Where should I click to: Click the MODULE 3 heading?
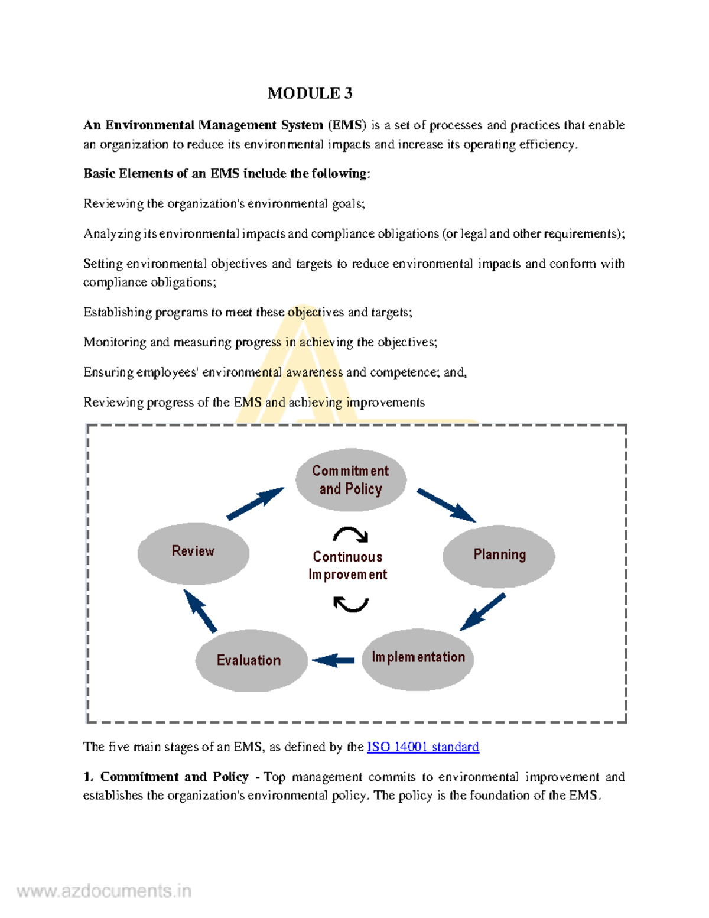pos(310,93)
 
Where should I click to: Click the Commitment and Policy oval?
pos(350,480)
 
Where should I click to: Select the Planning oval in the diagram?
pos(499,555)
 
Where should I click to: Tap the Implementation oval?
pos(418,659)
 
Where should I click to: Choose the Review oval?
pos(193,552)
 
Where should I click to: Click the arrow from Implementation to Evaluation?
pos(333,660)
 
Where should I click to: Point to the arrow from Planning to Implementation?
pos(482,612)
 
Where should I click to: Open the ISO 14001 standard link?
pos(422,747)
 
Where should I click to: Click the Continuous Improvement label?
pos(347,566)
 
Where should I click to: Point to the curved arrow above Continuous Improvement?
pos(351,534)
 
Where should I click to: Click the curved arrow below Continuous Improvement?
pos(351,604)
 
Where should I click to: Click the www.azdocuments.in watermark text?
pos(104,891)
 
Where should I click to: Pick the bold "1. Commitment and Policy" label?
pos(166,777)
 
